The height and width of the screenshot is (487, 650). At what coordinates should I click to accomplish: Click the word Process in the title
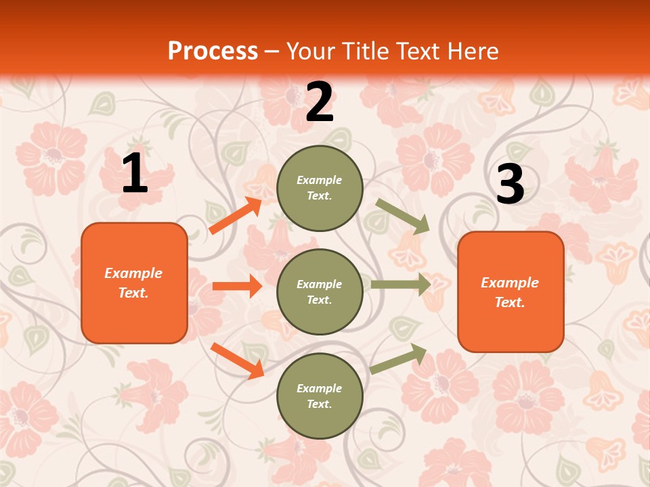pos(213,51)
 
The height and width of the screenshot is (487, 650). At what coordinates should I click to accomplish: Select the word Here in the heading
pos(471,51)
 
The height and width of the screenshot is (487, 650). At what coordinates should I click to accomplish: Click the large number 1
pos(135,174)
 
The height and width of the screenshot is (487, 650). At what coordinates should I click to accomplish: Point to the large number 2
pos(320,102)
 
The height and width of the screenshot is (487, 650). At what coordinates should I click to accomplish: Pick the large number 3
pos(510,185)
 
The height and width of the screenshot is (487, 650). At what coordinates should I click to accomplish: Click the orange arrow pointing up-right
pos(236,216)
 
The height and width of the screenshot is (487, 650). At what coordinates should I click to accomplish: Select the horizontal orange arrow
pos(237,286)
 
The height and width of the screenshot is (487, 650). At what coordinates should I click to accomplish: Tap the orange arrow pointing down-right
pos(237,360)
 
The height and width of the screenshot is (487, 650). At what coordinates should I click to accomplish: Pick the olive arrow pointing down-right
pos(402,216)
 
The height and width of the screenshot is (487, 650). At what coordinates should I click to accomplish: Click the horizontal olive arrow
pos(400,284)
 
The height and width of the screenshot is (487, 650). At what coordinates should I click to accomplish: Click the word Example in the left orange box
pos(133,273)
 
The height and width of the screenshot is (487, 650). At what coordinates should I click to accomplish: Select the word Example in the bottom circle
pos(320,388)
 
